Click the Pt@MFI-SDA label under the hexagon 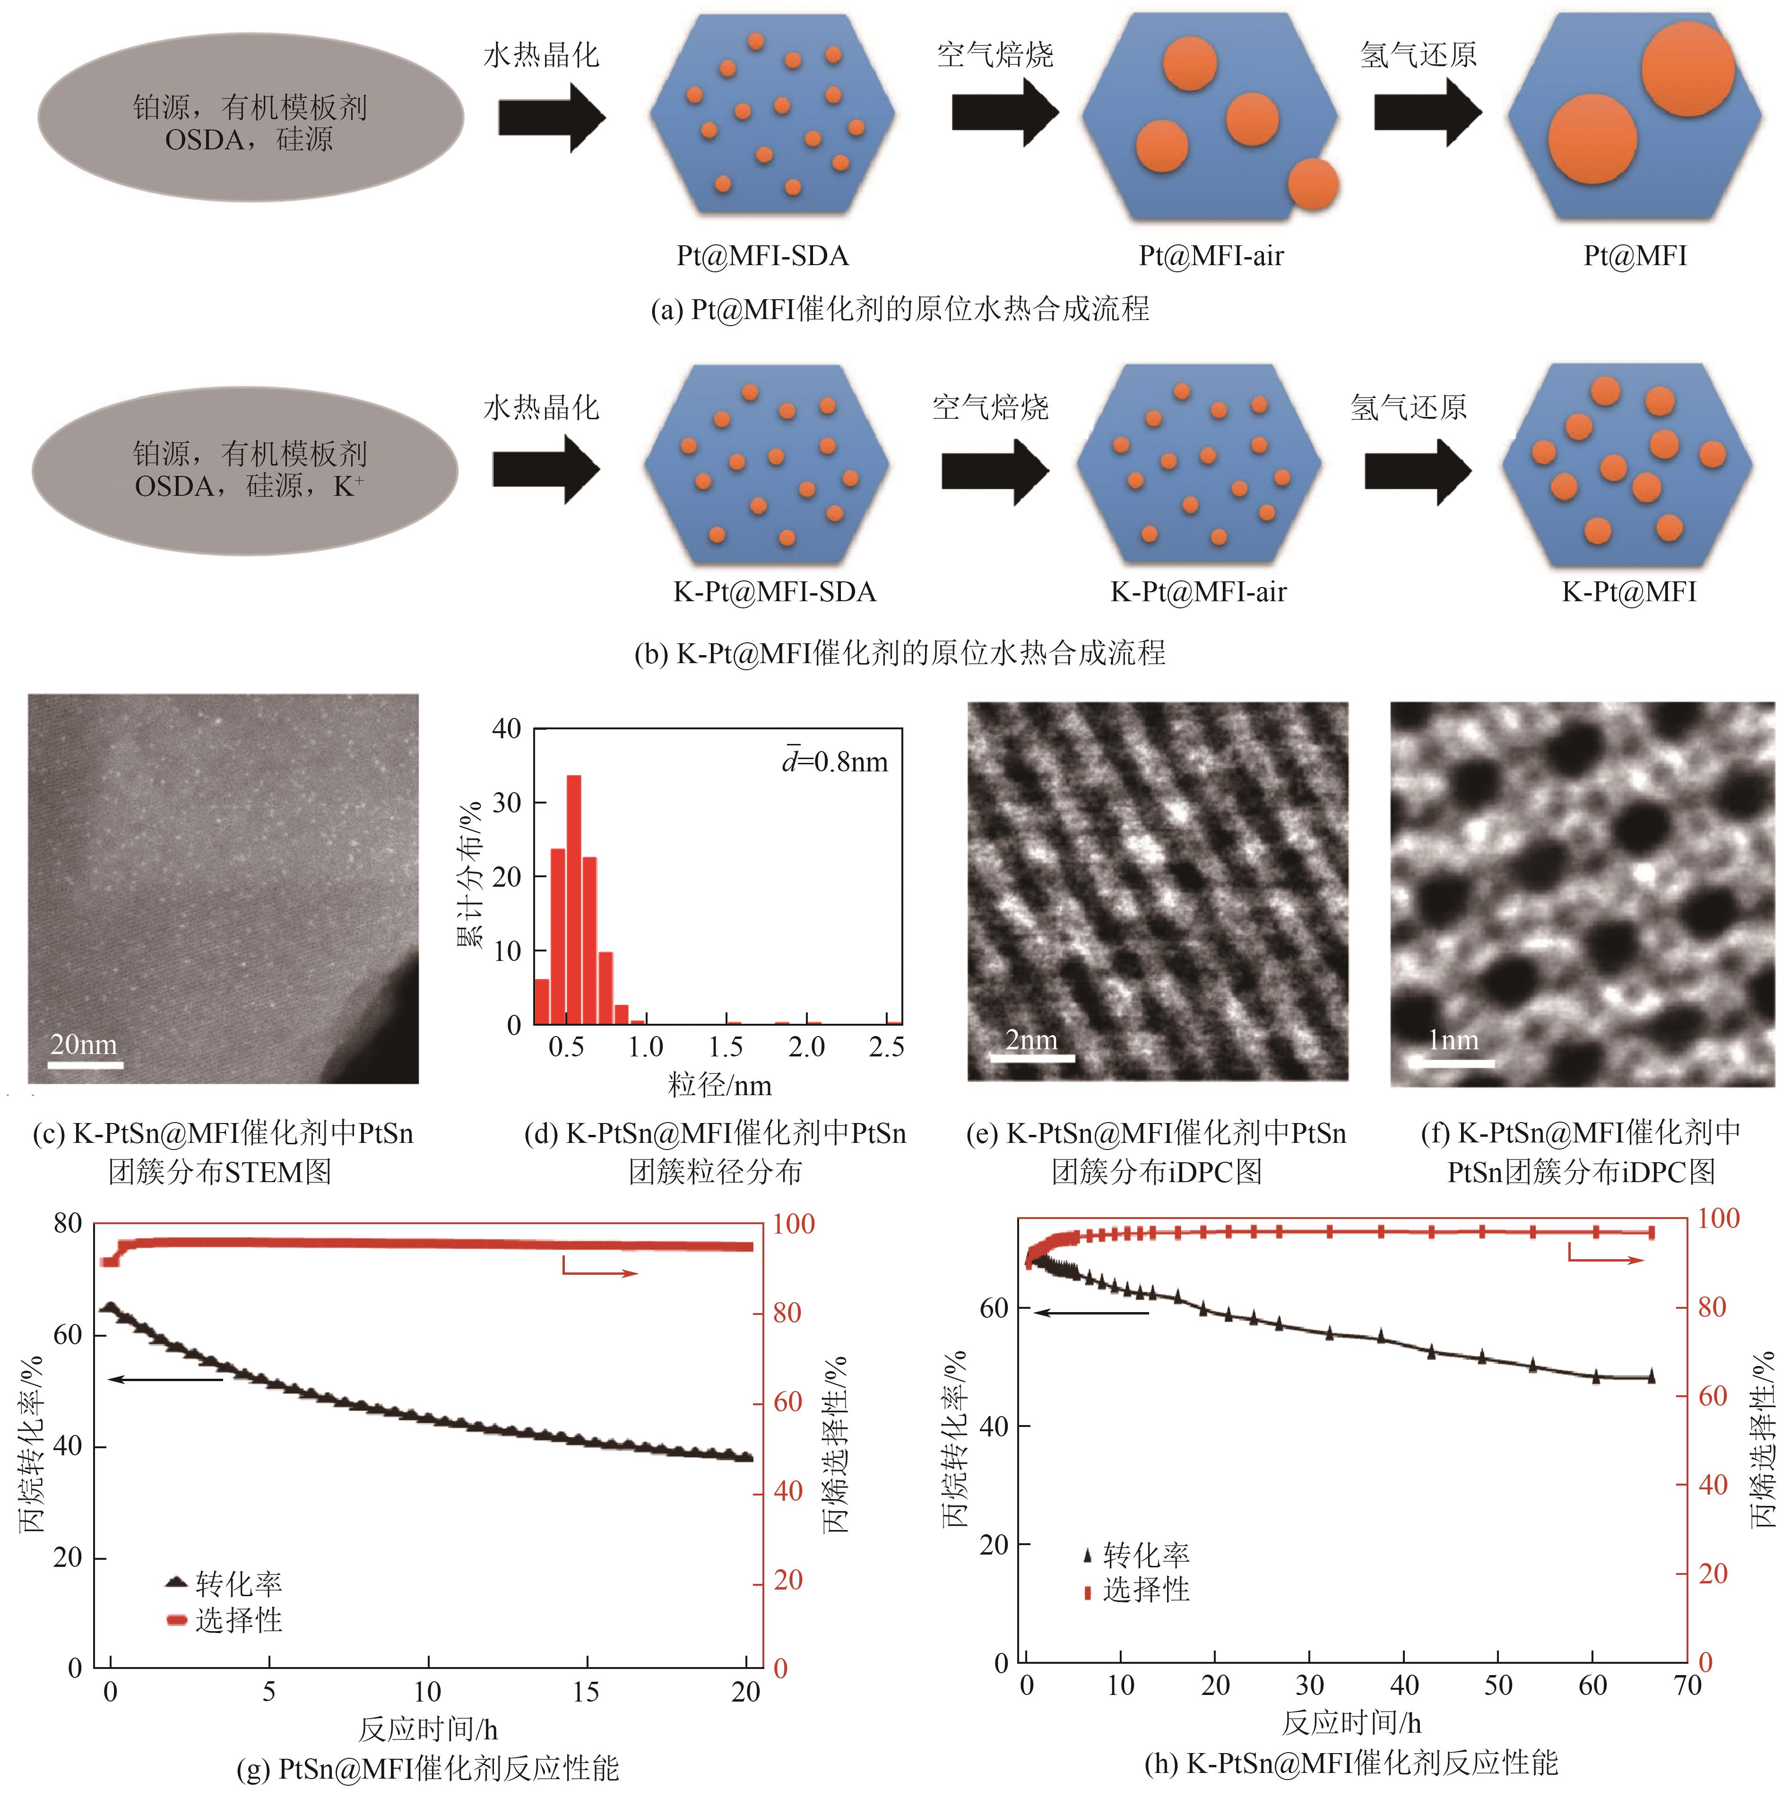[762, 256]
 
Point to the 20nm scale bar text [84, 1044]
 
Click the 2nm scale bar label [1031, 1039]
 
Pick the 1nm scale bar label [1453, 1039]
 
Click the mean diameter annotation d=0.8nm [835, 762]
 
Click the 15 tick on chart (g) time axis [586, 1691]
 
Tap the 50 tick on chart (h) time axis [1497, 1685]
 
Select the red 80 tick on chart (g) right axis [787, 1313]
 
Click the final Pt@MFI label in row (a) [1635, 256]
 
